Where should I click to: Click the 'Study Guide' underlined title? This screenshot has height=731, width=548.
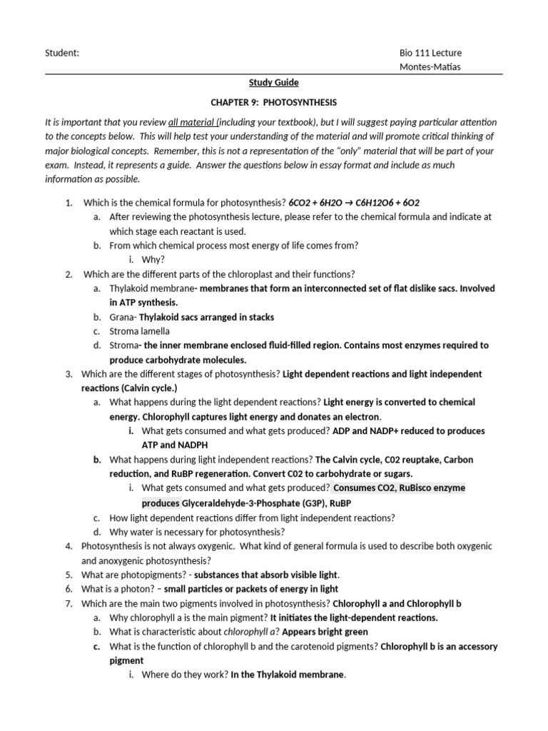click(x=273, y=82)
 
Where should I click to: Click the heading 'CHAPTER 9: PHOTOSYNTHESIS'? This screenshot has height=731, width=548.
click(x=273, y=102)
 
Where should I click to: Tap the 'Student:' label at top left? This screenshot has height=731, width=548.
click(x=62, y=53)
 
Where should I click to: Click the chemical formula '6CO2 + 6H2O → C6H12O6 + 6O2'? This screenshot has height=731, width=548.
click(x=359, y=203)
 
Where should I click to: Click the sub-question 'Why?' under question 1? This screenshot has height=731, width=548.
click(x=153, y=260)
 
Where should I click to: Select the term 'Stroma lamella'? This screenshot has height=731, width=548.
click(x=140, y=331)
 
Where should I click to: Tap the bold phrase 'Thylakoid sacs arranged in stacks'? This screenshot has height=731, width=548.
click(x=206, y=317)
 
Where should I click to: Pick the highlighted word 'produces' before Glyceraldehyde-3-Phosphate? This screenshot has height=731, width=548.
click(x=161, y=503)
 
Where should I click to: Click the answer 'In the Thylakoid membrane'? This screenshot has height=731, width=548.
click(x=288, y=675)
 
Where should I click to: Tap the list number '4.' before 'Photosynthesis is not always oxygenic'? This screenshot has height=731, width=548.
click(x=69, y=546)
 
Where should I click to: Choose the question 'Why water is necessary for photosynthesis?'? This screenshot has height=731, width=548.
click(x=197, y=532)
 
